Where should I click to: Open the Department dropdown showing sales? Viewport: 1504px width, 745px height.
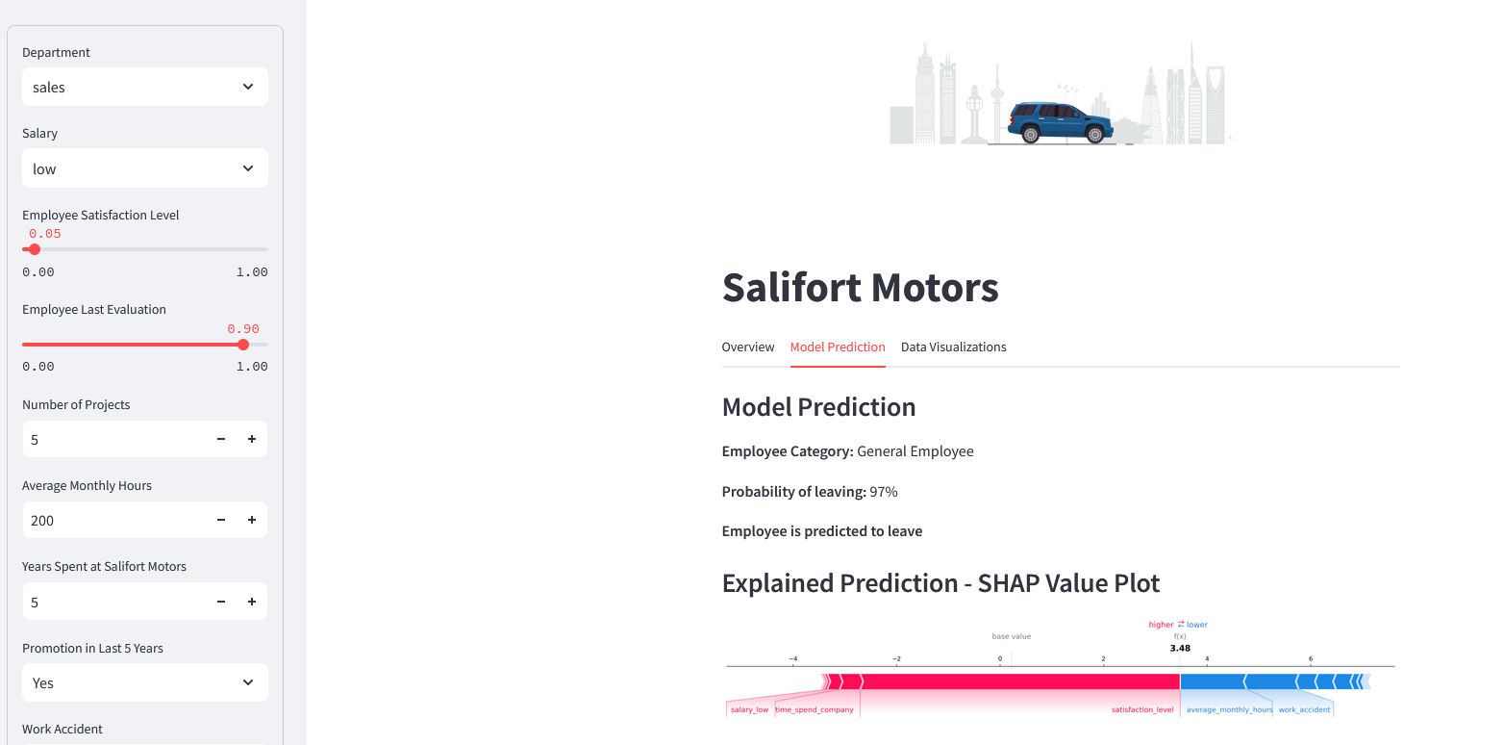tap(145, 87)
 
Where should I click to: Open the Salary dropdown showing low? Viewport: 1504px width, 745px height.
tap(145, 168)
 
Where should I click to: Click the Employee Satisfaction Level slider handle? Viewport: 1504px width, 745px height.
tap(35, 249)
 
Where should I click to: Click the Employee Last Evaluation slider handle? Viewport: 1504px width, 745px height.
tap(243, 345)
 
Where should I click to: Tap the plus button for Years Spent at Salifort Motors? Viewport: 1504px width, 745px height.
tap(252, 602)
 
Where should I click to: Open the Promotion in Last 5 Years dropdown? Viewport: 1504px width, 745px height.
tap(145, 682)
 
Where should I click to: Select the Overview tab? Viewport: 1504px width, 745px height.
tap(748, 347)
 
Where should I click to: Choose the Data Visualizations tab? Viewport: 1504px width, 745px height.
tap(953, 347)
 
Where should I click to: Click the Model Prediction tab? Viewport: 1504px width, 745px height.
tap(838, 347)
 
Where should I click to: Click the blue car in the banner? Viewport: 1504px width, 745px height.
tap(1060, 122)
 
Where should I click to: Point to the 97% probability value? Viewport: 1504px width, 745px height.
tap(884, 492)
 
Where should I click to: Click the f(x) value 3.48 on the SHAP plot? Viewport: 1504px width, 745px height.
tap(1180, 648)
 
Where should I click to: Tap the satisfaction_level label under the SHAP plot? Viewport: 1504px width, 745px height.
tap(1142, 709)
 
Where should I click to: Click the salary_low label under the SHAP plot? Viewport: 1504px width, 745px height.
tap(749, 709)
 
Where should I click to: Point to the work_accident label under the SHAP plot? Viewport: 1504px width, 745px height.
tap(1304, 709)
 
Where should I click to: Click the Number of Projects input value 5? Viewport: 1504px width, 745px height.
tap(35, 439)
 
